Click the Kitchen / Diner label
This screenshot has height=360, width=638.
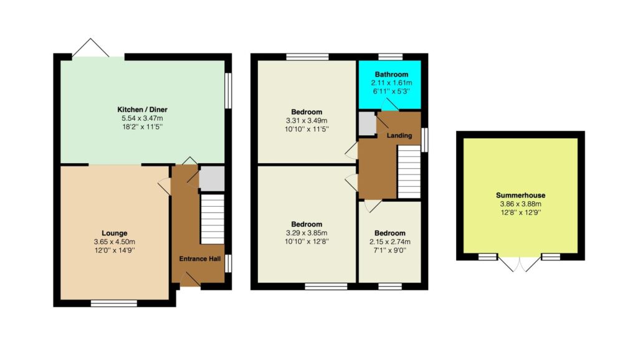(142, 110)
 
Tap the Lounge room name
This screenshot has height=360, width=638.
(115, 233)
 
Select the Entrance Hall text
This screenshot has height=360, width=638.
(200, 258)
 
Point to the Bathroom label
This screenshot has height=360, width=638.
(391, 75)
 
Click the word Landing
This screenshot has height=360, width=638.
(399, 135)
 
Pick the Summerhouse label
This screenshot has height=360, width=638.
(520, 195)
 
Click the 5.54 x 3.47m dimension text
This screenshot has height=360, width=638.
(142, 118)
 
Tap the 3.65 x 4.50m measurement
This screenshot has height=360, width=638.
(115, 242)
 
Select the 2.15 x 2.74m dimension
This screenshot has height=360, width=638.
(390, 242)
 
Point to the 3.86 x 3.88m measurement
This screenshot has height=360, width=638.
(520, 204)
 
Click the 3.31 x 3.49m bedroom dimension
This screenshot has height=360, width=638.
(307, 121)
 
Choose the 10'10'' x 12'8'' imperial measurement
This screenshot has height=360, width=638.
(307, 242)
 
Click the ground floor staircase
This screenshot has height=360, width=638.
(212, 219)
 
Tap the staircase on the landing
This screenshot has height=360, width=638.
(409, 172)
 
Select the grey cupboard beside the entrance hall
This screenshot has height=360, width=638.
(212, 178)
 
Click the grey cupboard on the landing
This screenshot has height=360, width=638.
(368, 123)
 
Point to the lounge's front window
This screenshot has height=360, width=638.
(114, 303)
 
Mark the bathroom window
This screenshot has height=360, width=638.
(390, 57)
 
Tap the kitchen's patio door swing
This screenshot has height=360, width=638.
(91, 47)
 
